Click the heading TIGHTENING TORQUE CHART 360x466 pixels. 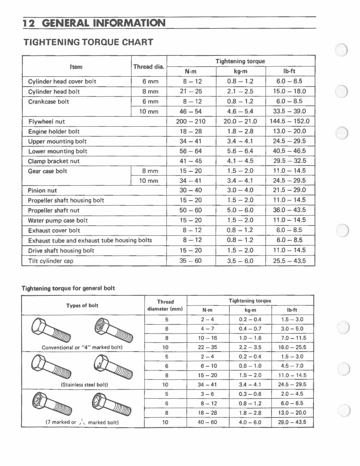[89, 42]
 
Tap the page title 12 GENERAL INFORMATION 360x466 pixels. [94, 23]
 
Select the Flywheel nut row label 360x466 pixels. [47, 121]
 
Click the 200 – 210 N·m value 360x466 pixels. [191, 121]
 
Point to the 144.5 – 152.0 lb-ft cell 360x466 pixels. [289, 121]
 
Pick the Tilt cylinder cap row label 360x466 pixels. [50, 261]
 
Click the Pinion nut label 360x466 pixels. [42, 190]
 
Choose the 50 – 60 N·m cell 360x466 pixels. [191, 210]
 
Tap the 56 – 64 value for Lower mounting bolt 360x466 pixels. [191, 151]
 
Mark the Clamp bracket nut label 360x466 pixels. [54, 161]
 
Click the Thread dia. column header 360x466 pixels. [149, 67]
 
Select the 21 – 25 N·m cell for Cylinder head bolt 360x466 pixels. [191, 91]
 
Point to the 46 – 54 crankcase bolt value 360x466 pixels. [191, 111]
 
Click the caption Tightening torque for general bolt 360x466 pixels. [68, 288]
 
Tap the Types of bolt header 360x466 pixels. [82, 305]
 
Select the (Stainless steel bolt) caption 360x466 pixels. [84, 385]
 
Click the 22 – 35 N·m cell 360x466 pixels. [208, 347]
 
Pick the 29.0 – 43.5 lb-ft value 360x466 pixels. [292, 422]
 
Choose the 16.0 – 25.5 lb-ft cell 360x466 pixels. [292, 347]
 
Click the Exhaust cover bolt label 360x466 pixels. [54, 230]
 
